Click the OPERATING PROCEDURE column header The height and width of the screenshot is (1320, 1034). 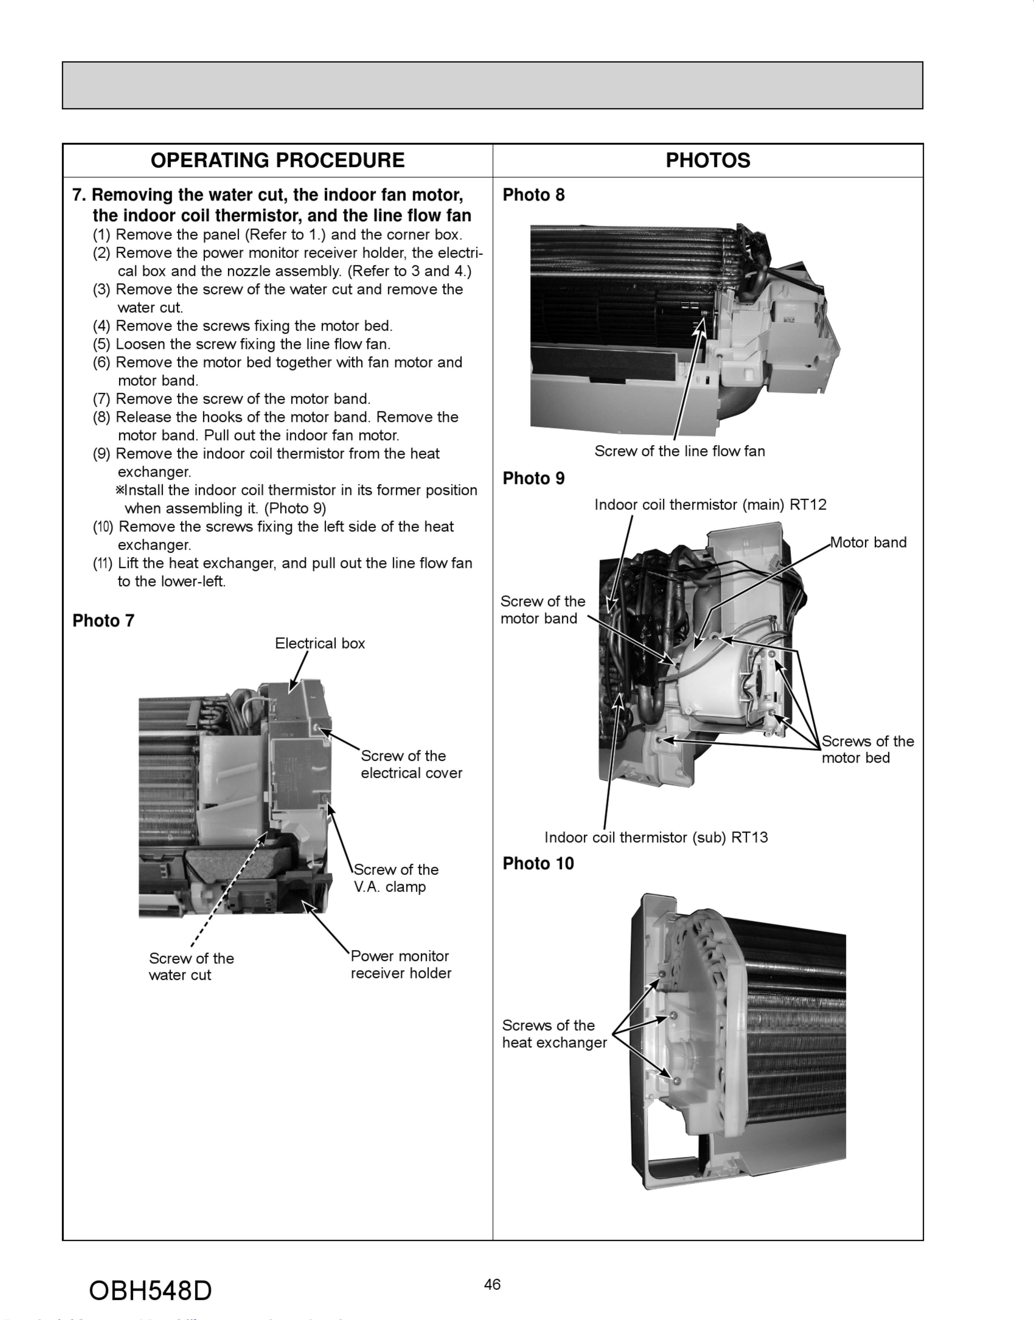(277, 161)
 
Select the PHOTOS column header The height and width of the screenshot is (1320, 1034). (708, 161)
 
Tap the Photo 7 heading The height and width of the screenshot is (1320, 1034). (103, 621)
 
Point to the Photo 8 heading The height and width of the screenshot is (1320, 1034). (533, 195)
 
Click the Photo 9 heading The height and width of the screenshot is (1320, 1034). (533, 478)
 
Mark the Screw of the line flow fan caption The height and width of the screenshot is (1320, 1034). (679, 451)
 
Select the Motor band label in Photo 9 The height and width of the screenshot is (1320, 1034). (868, 543)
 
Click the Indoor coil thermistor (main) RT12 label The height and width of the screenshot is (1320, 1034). (710, 504)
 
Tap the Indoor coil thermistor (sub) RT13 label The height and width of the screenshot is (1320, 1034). (656, 837)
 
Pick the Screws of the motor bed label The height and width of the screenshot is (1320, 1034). (867, 750)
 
